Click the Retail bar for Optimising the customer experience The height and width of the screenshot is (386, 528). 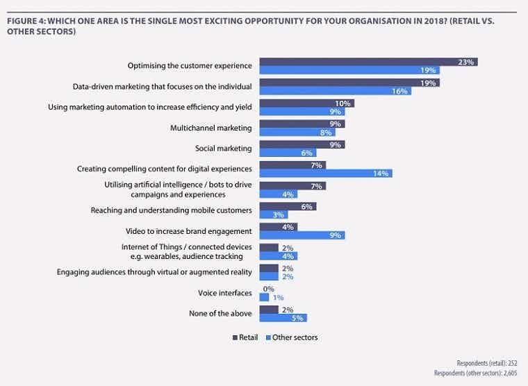(x=368, y=62)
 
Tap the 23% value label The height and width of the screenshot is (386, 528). (x=466, y=62)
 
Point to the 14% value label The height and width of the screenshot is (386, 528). (x=381, y=173)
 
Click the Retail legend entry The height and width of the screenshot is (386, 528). (x=245, y=337)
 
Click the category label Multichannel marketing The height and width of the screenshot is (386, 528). (x=211, y=128)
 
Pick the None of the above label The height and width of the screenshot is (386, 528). (x=220, y=313)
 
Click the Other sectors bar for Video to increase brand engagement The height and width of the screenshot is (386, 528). (x=302, y=235)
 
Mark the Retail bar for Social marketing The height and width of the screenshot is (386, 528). (x=302, y=144)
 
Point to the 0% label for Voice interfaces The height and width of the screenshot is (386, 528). (x=268, y=289)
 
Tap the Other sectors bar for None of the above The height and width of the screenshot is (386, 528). (x=283, y=318)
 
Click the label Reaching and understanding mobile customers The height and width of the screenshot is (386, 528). (x=172, y=209)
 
